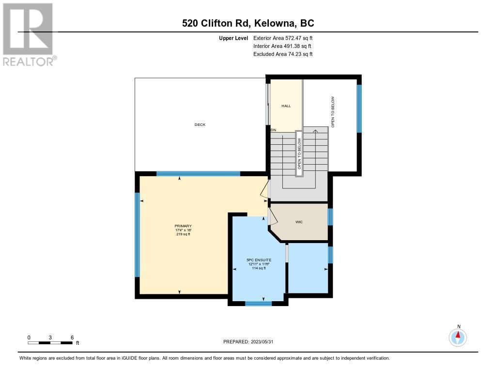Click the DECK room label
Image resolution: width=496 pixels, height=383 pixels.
click(200, 124)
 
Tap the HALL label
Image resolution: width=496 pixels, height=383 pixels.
click(286, 106)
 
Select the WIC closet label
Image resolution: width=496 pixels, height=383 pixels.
click(299, 222)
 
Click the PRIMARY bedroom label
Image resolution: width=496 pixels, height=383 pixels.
click(183, 226)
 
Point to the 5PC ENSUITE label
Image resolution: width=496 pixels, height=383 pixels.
click(259, 260)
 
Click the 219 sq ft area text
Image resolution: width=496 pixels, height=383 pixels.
click(183, 234)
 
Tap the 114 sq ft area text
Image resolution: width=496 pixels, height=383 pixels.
click(259, 268)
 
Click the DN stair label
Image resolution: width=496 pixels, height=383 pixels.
click(273, 130)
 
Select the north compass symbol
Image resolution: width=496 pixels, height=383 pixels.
click(458, 337)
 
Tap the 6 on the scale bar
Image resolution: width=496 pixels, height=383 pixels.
click(72, 337)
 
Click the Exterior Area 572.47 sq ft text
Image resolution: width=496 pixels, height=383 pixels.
click(283, 38)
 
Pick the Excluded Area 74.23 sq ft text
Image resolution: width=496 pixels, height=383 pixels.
click(283, 54)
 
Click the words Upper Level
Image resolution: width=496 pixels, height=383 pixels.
click(233, 38)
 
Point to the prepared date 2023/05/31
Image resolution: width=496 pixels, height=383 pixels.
click(262, 341)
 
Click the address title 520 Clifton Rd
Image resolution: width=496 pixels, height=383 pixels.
click(217, 23)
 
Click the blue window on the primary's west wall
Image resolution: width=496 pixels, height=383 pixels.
click(137, 235)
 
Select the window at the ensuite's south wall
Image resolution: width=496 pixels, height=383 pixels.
click(259, 304)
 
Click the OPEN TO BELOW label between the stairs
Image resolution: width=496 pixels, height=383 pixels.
click(299, 153)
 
